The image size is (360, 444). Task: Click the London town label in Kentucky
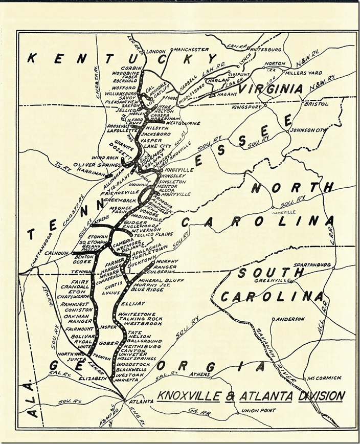[157, 51]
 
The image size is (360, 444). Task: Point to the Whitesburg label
[268, 49]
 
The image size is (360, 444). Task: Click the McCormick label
[323, 378]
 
